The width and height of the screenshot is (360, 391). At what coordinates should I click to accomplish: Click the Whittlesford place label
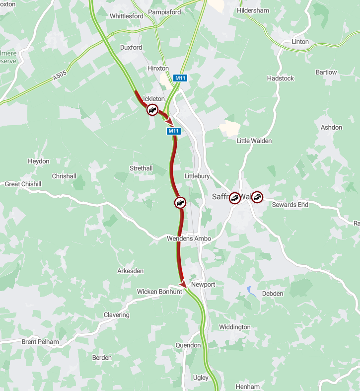click(x=127, y=16)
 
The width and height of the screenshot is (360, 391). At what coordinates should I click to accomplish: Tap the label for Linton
click(x=300, y=42)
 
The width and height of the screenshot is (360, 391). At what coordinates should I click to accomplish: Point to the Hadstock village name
click(x=281, y=78)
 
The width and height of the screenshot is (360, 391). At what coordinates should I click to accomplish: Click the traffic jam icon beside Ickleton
click(x=152, y=110)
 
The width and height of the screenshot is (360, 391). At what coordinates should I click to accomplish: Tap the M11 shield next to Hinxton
click(x=179, y=78)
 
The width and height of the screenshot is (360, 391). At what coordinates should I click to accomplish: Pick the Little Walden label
click(x=254, y=141)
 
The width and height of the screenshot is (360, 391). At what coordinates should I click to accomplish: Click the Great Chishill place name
click(x=23, y=184)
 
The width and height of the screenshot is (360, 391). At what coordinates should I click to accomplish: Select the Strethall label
click(x=141, y=168)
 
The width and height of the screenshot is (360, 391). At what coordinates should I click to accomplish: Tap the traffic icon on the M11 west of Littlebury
click(x=180, y=202)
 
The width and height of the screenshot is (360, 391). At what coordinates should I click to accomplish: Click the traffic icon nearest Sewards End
click(x=257, y=197)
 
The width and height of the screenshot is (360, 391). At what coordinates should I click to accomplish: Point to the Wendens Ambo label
click(x=189, y=239)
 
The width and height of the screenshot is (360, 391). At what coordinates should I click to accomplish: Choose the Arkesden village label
click(x=130, y=271)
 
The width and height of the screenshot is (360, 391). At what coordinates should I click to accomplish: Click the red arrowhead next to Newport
click(x=183, y=284)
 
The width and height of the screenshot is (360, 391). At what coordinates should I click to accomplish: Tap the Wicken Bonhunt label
click(x=159, y=292)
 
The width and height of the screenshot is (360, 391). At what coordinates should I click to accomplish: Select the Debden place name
click(x=273, y=294)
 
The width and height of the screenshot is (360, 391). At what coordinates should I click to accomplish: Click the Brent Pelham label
click(x=40, y=342)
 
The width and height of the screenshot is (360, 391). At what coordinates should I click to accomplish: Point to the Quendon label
click(x=188, y=345)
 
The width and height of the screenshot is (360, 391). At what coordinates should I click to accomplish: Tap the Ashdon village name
click(x=331, y=127)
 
